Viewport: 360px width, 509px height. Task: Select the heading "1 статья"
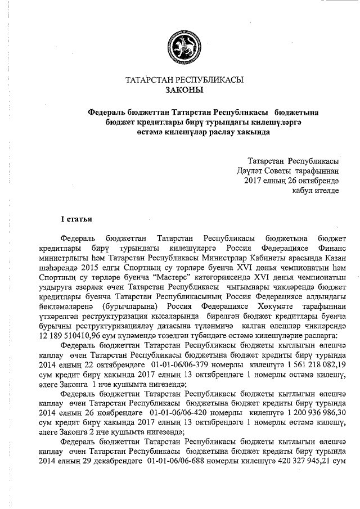pos(76,218)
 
